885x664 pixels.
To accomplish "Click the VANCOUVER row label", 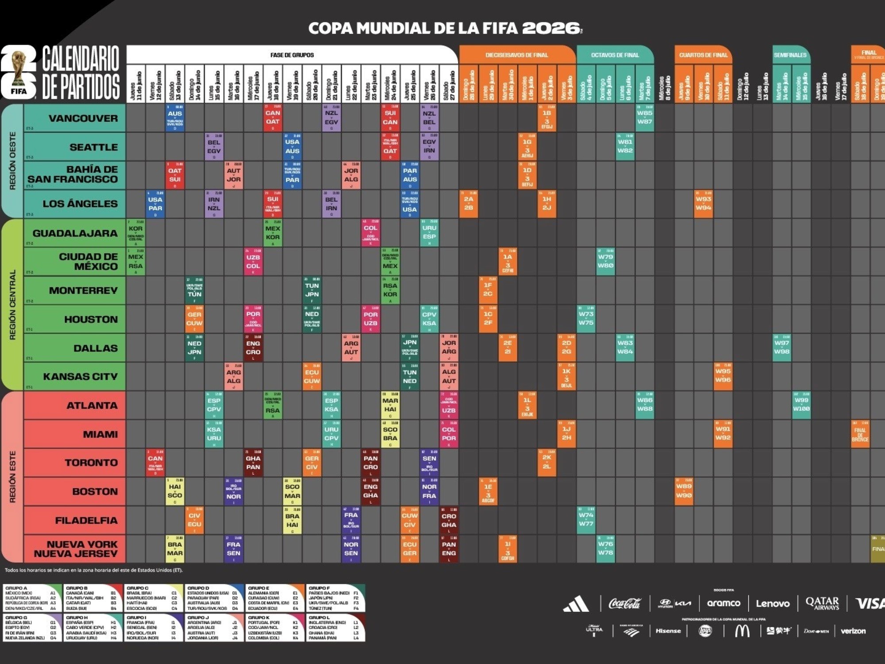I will tap(83, 118).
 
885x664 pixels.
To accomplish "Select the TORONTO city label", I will tap(91, 463).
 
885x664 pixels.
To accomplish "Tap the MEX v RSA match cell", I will tap(135, 261).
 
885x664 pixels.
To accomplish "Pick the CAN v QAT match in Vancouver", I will tap(273, 118).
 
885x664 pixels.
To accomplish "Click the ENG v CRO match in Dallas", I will tap(253, 347).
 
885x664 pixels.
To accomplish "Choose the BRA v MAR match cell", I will tap(175, 549).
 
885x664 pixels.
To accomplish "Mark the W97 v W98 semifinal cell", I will tap(781, 347).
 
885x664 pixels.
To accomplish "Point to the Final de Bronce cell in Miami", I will tap(860, 434).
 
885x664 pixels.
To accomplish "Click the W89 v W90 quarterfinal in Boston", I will tap(684, 491).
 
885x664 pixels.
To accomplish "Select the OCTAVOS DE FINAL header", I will tap(615, 55).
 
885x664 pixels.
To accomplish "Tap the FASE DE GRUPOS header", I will tap(292, 55).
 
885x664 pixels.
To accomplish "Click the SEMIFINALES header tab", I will tap(790, 55).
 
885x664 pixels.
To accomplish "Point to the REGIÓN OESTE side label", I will tap(12, 161).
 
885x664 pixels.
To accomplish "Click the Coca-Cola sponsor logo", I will tap(624, 603).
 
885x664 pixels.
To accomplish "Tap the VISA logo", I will tap(869, 603).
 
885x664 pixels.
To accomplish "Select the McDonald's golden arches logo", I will tap(742, 631).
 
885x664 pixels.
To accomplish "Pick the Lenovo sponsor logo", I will tap(773, 603).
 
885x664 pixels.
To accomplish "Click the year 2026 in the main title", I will tap(551, 28).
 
